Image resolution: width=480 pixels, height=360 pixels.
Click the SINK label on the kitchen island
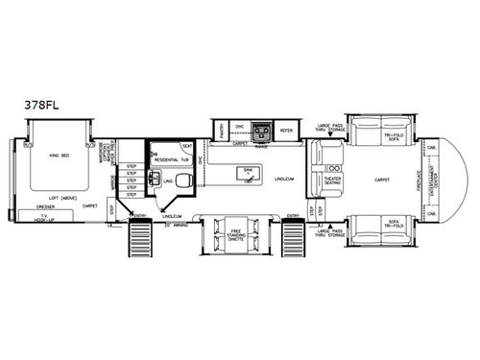click(249, 165)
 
